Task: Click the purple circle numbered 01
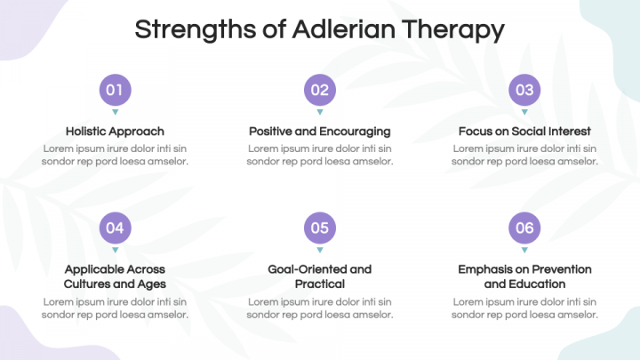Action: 115,90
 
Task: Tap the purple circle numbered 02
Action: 320,90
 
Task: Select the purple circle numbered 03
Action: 524,90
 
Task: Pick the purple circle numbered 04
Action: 115,228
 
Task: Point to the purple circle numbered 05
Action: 320,228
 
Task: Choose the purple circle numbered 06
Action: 524,228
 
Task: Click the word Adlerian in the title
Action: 344,29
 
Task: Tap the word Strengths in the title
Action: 195,30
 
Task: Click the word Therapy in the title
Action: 453,31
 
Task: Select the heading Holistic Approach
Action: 115,132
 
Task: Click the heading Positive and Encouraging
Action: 320,132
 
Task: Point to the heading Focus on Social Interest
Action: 524,132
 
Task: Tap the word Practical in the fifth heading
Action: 320,284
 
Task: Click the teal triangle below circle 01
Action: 115,111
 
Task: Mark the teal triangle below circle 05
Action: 320,250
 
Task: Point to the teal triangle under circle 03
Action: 524,111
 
